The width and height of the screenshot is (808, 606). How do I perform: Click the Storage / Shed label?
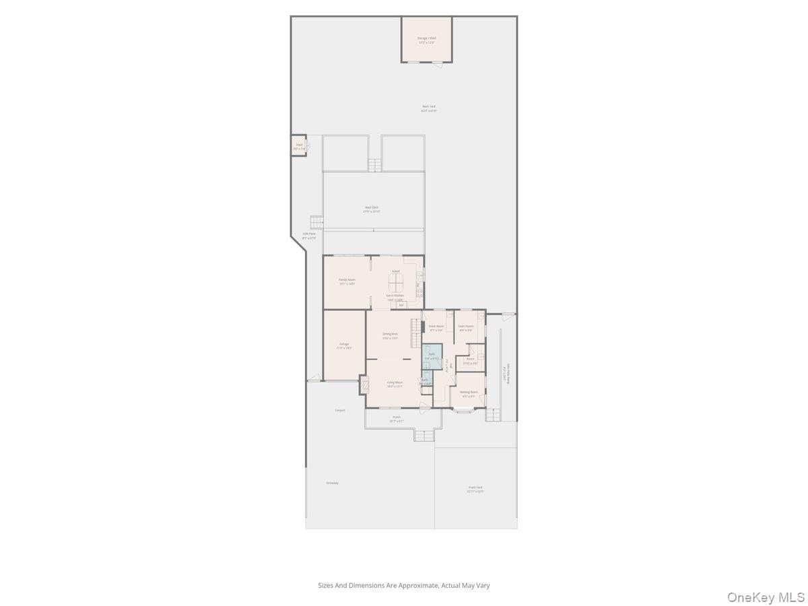click(x=426, y=38)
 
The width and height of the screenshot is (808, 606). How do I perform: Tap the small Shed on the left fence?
click(x=298, y=145)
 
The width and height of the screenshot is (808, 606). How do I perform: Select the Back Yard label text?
click(x=429, y=106)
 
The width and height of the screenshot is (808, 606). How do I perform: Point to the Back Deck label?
click(x=372, y=207)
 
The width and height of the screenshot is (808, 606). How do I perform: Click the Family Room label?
click(x=347, y=279)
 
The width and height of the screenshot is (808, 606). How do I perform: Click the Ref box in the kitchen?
click(x=401, y=305)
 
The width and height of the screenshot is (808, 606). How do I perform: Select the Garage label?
click(x=344, y=344)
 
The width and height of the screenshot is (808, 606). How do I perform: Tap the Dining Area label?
click(x=391, y=334)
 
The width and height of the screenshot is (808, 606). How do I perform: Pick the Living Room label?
click(x=395, y=382)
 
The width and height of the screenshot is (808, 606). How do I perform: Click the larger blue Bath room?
click(x=432, y=356)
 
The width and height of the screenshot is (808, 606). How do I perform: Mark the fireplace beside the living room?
click(x=364, y=384)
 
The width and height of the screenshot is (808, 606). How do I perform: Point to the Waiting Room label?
click(x=469, y=392)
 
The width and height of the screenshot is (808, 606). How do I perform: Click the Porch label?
click(x=397, y=417)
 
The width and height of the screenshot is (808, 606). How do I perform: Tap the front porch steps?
click(x=424, y=435)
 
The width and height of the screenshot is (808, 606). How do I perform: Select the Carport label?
click(x=340, y=410)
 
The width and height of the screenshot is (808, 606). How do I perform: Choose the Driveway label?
click(x=332, y=483)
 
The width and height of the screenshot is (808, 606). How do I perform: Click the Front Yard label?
click(x=475, y=487)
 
